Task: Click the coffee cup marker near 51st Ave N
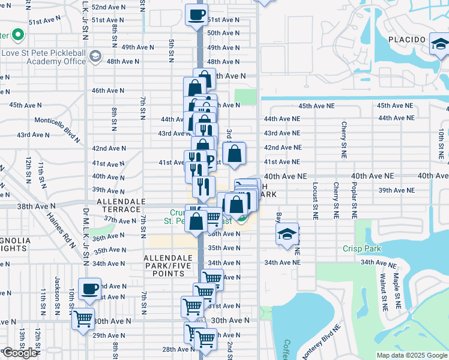click(196, 14)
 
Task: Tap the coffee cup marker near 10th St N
click(90, 289)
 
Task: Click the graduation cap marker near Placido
click(440, 44)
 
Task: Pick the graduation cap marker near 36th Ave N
click(288, 234)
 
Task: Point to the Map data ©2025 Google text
click(411, 355)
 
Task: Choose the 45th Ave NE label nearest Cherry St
click(317, 106)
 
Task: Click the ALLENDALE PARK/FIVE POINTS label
click(164, 265)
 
